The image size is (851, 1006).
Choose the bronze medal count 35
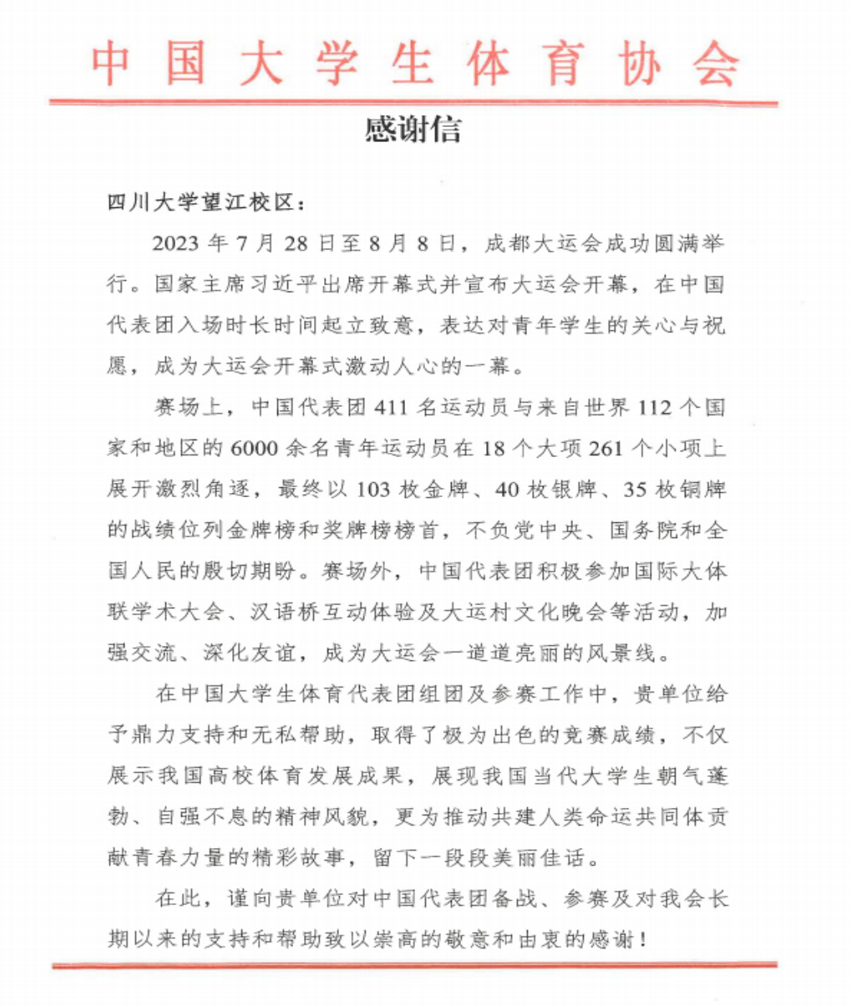pyautogui.click(x=636, y=489)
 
